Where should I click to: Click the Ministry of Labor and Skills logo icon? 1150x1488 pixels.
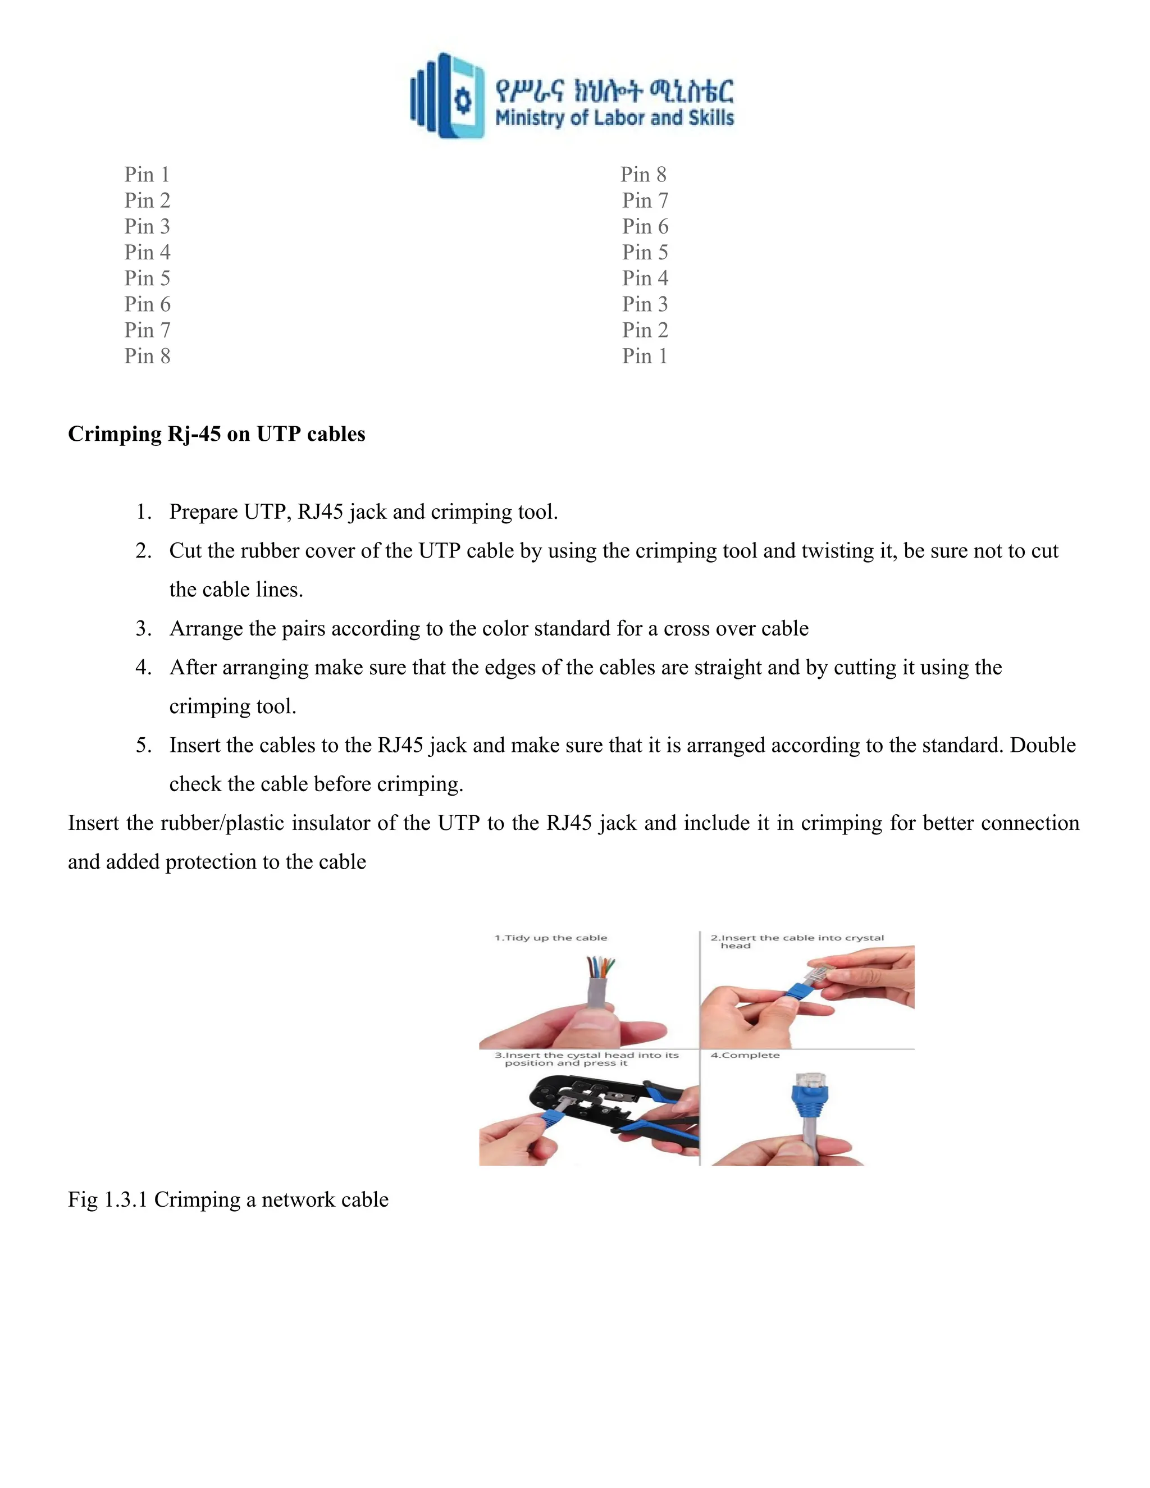pos(447,96)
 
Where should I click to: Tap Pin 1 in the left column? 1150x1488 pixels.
pos(147,175)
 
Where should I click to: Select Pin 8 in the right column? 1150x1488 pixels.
pos(643,175)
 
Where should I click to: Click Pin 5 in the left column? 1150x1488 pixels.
pos(147,278)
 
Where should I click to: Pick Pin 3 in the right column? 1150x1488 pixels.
pos(645,304)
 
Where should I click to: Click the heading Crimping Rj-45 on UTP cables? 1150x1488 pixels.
pos(216,434)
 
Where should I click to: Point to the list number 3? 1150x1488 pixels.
pos(143,628)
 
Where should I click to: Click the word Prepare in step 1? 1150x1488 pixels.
pos(204,512)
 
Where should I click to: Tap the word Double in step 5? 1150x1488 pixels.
pos(1042,745)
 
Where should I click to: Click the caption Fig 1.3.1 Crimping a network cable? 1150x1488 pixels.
pos(227,1199)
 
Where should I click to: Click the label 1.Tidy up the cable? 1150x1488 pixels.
pos(550,938)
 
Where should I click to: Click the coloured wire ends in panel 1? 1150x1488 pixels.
pos(600,968)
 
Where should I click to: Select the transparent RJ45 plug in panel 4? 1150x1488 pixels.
pos(809,1079)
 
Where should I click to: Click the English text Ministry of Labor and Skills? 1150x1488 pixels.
pos(614,118)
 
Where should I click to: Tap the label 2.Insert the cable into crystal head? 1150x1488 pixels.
pos(796,941)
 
